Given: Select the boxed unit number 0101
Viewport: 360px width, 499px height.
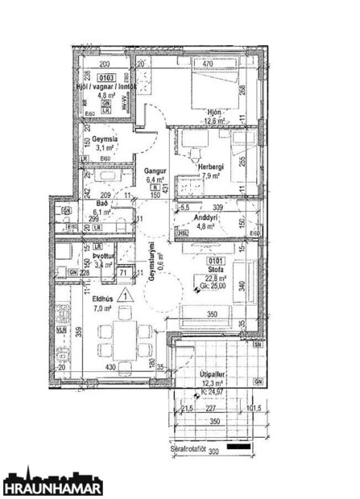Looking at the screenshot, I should tap(215, 261).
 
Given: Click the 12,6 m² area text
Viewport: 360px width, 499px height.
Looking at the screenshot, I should tap(214, 121).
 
